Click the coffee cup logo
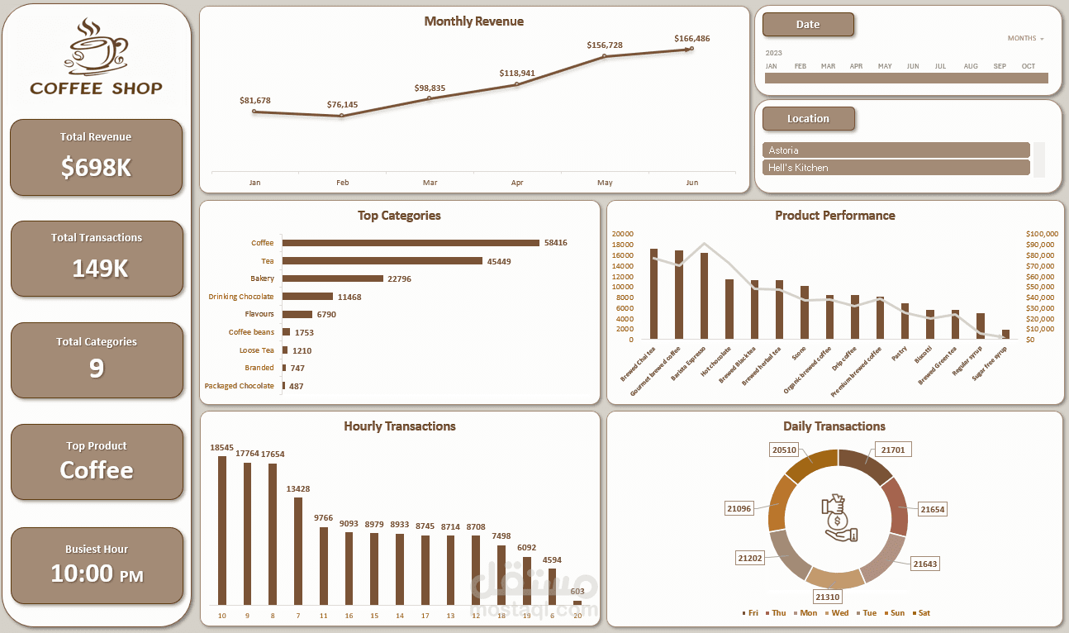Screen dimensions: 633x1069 97,46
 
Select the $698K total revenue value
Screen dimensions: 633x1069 96,168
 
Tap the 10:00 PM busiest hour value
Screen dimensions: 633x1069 97,573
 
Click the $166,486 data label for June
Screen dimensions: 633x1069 691,39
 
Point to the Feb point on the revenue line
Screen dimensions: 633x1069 342,116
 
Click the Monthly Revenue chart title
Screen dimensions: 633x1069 473,21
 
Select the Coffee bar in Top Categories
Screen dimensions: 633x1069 411,243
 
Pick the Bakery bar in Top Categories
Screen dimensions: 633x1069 333,278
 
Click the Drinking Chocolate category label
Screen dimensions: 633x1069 240,297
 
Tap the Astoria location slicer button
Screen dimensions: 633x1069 896,150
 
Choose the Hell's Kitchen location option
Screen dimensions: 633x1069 896,168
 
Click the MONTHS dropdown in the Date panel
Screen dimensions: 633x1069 1025,39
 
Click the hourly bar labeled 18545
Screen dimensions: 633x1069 222,530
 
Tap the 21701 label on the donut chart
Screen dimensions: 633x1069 892,450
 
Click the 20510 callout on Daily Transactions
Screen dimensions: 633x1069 784,450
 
